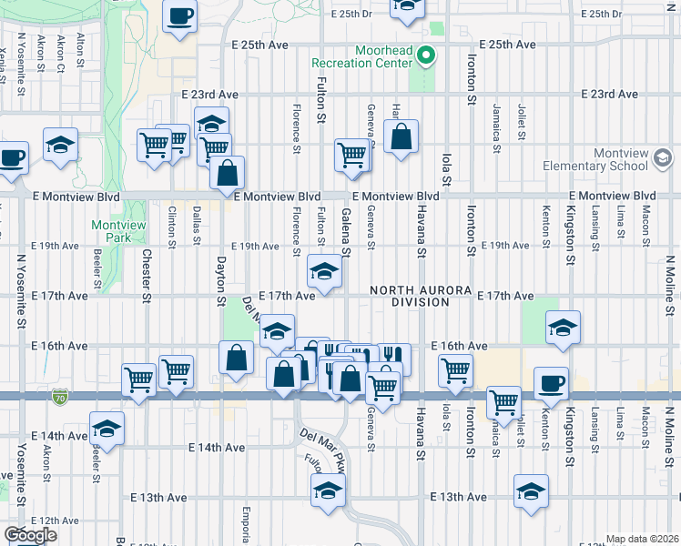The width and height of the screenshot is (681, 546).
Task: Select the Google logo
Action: (29, 535)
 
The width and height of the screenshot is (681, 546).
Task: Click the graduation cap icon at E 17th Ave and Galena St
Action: (324, 270)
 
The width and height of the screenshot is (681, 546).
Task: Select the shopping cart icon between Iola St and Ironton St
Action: (454, 369)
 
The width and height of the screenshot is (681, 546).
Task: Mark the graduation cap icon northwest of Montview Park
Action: (61, 145)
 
